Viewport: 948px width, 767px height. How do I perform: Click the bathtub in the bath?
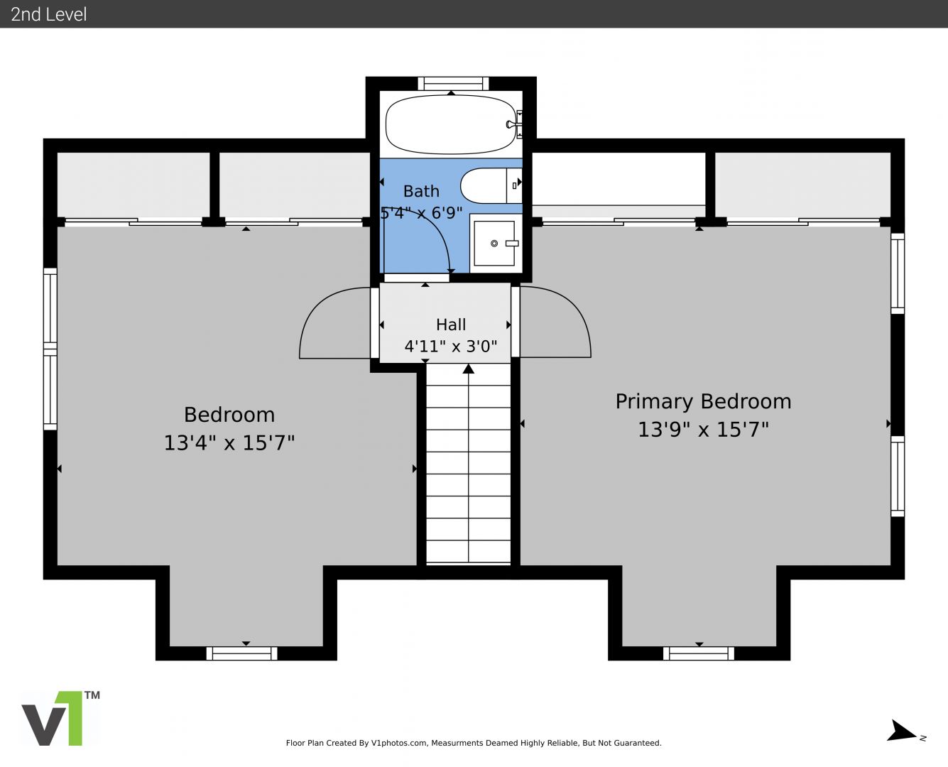450,124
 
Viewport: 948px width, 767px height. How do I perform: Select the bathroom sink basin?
494,243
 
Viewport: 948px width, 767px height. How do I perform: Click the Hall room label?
451,325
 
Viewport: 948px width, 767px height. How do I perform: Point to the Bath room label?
421,191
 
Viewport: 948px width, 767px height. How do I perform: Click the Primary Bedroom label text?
703,401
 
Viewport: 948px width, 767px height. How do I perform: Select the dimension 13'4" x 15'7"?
229,443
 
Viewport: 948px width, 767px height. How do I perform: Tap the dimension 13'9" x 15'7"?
703,430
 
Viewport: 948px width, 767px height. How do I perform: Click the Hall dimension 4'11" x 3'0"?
450,346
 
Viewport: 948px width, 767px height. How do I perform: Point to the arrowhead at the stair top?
468,369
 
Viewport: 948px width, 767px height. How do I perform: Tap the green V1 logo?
53,718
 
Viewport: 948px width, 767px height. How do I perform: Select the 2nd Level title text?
48,14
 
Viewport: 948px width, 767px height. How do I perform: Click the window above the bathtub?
453,84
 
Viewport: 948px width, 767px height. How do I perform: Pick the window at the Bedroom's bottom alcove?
241,653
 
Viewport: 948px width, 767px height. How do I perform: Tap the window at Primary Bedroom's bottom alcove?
698,653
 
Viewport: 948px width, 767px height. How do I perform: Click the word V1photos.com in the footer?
399,743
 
